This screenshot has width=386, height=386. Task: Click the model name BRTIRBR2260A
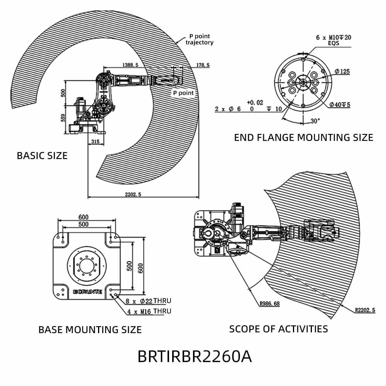(x=195, y=357)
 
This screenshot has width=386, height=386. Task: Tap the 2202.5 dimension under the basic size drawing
(x=131, y=195)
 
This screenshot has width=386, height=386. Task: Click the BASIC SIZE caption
(x=42, y=156)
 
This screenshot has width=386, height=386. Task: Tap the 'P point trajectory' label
(x=199, y=39)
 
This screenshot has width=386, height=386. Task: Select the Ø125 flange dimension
(x=342, y=71)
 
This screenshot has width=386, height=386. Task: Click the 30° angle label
(x=315, y=121)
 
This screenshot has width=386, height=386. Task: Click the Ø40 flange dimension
(x=340, y=105)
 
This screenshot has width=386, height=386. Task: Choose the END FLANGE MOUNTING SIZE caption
(x=303, y=137)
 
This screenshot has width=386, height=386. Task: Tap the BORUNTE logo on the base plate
(x=88, y=292)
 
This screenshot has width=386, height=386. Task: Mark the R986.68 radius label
(x=269, y=303)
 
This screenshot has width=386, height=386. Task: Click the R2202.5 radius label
(x=364, y=310)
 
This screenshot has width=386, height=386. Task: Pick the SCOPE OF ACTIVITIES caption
(x=278, y=329)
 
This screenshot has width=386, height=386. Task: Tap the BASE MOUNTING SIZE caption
(x=90, y=330)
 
